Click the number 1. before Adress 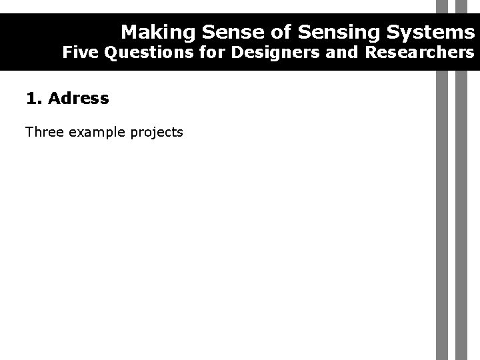pyautogui.click(x=33, y=99)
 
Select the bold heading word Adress pyautogui.click(x=78, y=99)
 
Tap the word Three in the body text pyautogui.click(x=44, y=132)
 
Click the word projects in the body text pyautogui.click(x=157, y=132)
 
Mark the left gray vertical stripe pyautogui.click(x=441, y=213)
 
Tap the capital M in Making pyautogui.click(x=129, y=32)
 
